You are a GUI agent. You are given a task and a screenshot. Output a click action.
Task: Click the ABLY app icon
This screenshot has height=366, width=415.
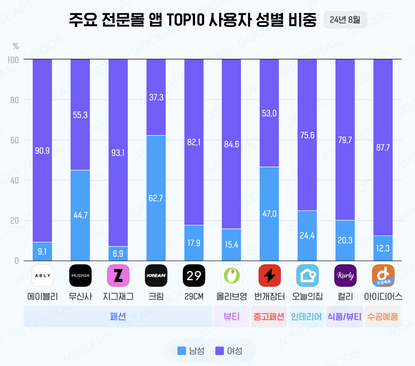tap(43, 276)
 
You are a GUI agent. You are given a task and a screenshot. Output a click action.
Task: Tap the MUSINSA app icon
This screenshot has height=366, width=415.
tap(80, 276)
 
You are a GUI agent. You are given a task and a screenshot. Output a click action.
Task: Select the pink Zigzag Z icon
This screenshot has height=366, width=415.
tap(118, 276)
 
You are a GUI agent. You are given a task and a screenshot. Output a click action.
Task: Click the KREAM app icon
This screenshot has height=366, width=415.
tap(156, 276)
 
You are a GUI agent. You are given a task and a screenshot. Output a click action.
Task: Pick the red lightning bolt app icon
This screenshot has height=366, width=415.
tap(269, 276)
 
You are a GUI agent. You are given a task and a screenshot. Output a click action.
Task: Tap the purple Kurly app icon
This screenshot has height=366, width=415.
tap(345, 276)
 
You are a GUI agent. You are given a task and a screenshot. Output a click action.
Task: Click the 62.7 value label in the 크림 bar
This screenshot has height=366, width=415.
tap(156, 198)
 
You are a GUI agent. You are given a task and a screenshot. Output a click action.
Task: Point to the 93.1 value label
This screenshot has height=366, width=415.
tap(118, 153)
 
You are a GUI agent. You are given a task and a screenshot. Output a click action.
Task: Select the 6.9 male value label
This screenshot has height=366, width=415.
tap(118, 254)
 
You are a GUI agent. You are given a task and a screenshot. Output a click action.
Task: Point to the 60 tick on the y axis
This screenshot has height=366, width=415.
tap(14, 140)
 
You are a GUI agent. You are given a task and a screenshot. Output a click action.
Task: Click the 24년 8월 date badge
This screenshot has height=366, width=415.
tap(345, 20)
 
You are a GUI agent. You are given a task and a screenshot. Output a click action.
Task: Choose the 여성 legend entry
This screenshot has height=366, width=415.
tap(229, 351)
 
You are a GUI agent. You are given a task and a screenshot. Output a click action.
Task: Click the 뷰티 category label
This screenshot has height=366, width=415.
tap(232, 317)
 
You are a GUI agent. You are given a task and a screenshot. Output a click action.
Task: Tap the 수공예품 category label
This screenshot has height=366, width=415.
tap(383, 317)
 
